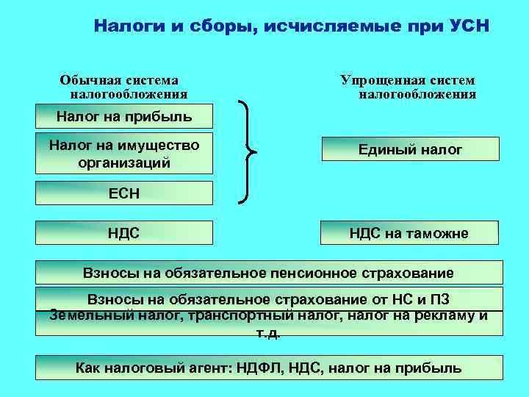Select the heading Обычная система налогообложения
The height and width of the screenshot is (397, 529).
[x=123, y=87]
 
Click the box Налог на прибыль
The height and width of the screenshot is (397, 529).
[x=124, y=115]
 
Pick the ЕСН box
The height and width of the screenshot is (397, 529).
[x=124, y=194]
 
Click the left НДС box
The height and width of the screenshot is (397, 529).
[x=124, y=234]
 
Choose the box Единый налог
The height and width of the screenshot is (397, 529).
[x=411, y=150]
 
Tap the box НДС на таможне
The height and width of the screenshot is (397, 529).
[x=411, y=234]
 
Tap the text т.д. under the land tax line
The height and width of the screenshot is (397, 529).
[x=268, y=332]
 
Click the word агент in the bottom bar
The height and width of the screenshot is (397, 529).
[x=209, y=368]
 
